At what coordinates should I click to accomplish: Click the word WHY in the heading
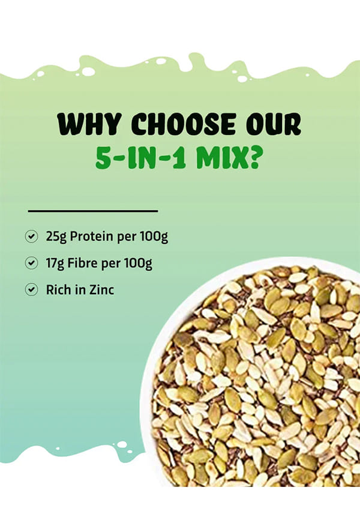coord(89,124)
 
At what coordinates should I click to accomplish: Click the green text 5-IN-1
coord(142,158)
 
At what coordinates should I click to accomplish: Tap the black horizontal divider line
coord(93,211)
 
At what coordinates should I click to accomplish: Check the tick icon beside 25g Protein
coord(31,237)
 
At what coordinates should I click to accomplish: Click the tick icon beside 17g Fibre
coord(31,263)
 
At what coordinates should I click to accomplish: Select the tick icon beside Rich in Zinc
coord(31,289)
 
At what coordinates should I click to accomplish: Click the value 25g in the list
coord(56,237)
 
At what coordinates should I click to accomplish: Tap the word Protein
coord(91,237)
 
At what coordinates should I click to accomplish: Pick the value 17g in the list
coord(55,264)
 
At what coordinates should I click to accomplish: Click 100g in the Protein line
coord(154,237)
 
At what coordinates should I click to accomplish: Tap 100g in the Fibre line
coord(138,264)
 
